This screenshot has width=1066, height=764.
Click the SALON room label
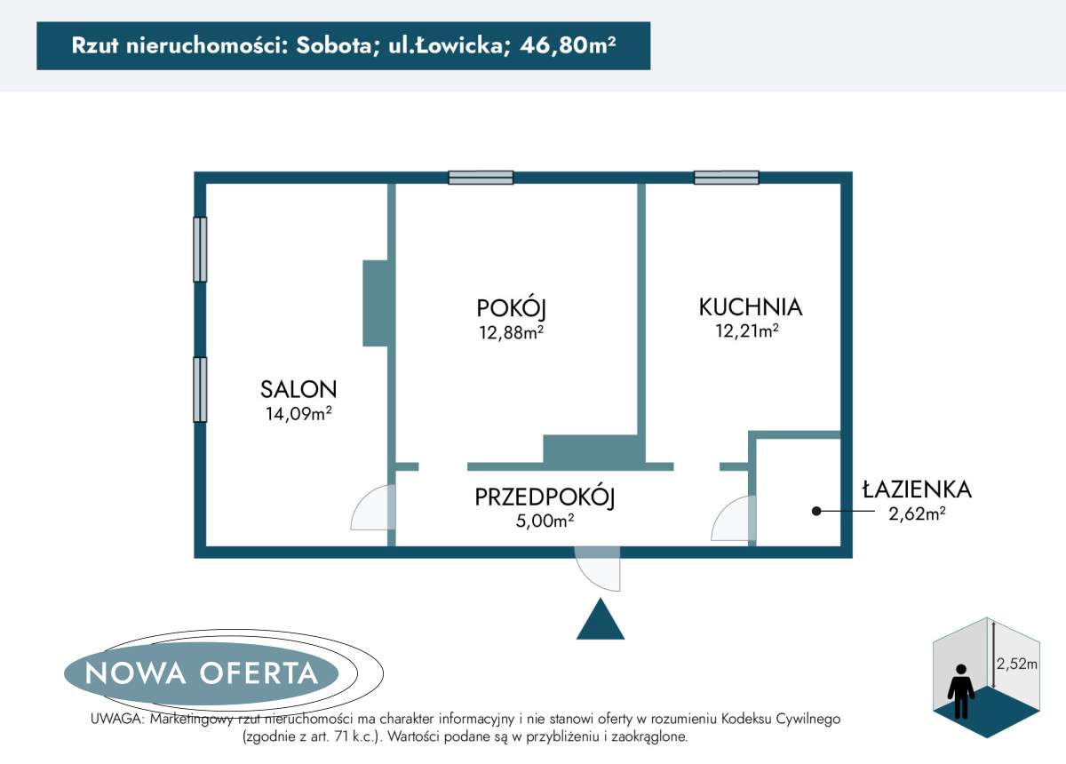coord(298,388)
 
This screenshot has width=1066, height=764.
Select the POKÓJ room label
coord(511,308)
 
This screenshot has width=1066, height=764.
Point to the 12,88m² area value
coord(511,332)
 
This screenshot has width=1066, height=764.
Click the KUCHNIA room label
coord(750,307)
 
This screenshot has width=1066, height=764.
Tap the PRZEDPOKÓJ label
coord(545,497)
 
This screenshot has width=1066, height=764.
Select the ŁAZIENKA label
coord(917,489)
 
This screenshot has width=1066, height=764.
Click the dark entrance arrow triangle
coord(601,621)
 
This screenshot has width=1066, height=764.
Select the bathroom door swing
coord(733,520)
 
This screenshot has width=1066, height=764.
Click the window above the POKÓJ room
coord(481,178)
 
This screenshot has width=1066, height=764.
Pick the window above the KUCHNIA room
coord(727,178)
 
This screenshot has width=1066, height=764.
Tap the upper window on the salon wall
coord(200,250)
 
